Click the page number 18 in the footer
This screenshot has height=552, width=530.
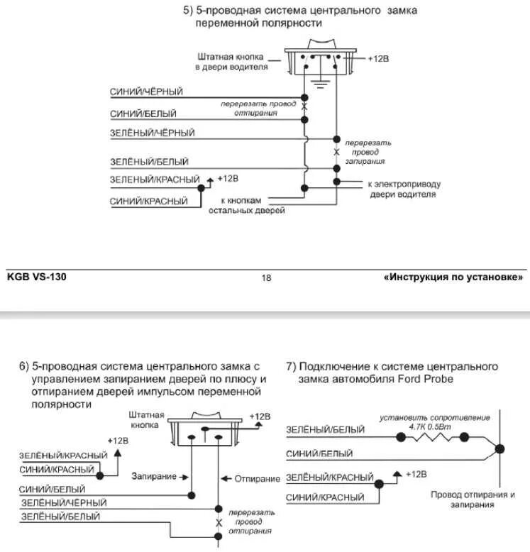tap(267, 278)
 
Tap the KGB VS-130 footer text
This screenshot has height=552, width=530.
tap(37, 277)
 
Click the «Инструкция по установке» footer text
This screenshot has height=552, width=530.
tap(454, 277)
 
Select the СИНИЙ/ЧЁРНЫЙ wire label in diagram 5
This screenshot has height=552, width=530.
tap(147, 92)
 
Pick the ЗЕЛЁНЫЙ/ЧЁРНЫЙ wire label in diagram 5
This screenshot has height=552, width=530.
tap(152, 133)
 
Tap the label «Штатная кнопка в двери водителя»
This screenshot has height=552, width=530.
tap(232, 62)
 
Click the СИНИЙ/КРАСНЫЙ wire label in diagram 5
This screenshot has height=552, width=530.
tap(149, 202)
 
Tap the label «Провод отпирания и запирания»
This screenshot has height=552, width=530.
tap(472, 499)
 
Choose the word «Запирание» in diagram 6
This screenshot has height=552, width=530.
tap(156, 478)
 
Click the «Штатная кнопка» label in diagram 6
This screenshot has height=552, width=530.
tap(147, 421)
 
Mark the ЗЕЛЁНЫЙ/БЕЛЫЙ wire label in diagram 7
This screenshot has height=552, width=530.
tap(325, 430)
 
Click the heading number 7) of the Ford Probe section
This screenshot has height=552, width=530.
tap(291, 367)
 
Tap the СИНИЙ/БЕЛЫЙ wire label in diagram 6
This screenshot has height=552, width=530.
tap(53, 490)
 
